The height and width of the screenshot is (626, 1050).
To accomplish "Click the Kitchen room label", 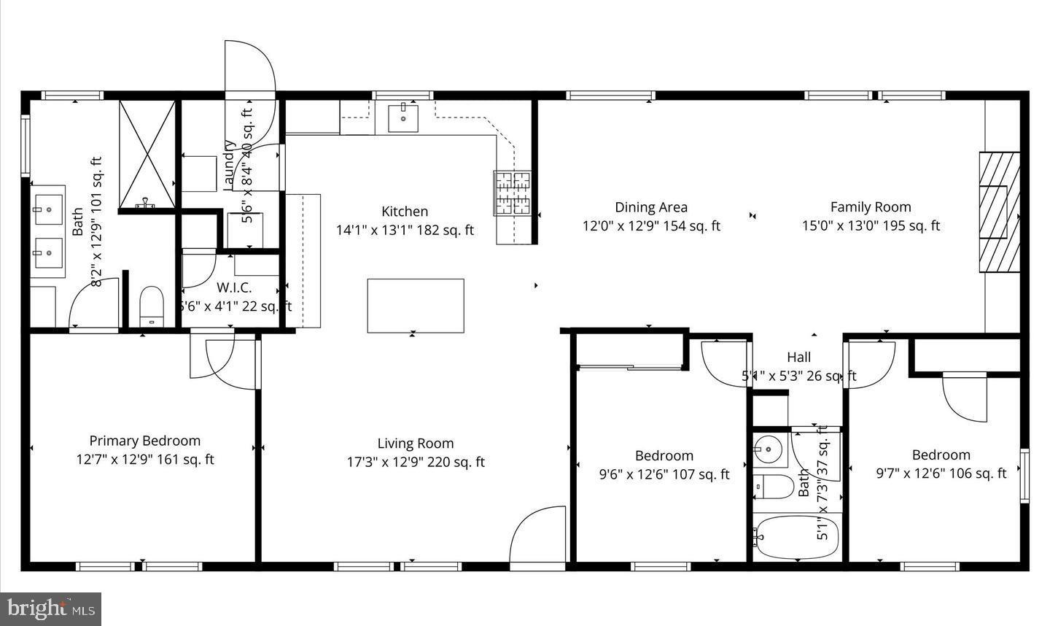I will click(405, 212).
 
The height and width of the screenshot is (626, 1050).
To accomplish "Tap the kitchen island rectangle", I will click(416, 306).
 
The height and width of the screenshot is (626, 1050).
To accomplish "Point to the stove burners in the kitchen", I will click(513, 193).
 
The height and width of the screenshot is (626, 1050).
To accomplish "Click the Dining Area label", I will click(650, 208).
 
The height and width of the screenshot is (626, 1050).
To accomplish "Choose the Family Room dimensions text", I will click(871, 226).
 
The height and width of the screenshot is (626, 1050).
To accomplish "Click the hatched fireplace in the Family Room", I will click(999, 212).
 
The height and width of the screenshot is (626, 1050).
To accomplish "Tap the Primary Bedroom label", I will click(144, 441).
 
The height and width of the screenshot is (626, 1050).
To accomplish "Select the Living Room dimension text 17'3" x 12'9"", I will click(416, 462).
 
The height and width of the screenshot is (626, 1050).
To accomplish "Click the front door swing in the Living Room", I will click(538, 536).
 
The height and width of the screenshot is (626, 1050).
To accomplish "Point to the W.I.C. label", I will click(233, 287).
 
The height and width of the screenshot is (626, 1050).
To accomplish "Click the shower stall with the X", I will click(147, 153).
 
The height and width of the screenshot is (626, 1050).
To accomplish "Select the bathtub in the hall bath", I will click(796, 538).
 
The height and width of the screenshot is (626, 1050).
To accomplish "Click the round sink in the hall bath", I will click(767, 449).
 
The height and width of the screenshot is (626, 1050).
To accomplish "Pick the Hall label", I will click(798, 358).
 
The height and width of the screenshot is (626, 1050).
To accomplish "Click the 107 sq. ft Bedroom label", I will click(664, 456).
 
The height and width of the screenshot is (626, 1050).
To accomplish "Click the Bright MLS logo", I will click(51, 608).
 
